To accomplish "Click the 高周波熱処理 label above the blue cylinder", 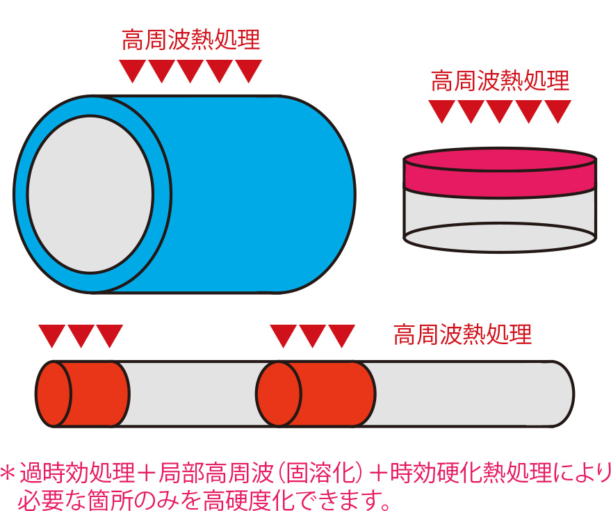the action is tap(191, 40).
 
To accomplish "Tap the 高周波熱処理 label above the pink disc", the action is tap(500, 81).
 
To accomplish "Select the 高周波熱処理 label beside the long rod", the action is tap(462, 334).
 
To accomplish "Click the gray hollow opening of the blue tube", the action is tap(90, 194).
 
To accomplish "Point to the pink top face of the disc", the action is tap(500, 159).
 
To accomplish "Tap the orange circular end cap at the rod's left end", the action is tap(54, 394).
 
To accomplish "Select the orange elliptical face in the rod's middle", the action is tap(279, 394).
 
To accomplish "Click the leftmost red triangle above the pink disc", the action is tap(442, 111).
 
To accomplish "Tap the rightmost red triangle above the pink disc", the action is tap(558, 111).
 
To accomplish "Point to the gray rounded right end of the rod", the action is tap(561, 394).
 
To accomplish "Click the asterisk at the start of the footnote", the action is tap(8, 473).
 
